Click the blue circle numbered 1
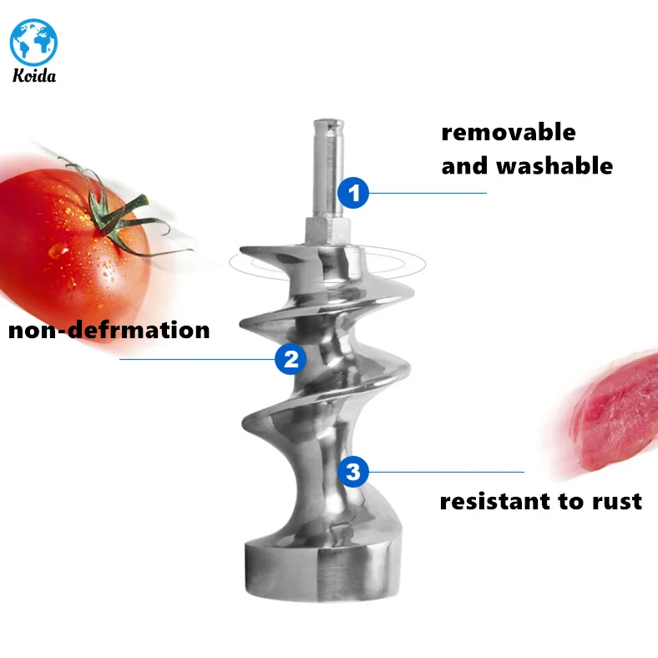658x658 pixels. click(x=353, y=194)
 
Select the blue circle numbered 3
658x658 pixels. click(x=353, y=472)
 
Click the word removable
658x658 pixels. click(x=508, y=132)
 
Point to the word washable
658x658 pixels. click(x=554, y=164)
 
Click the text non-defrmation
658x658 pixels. click(x=109, y=329)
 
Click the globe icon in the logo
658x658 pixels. click(x=34, y=39)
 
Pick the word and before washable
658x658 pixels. click(x=465, y=164)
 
